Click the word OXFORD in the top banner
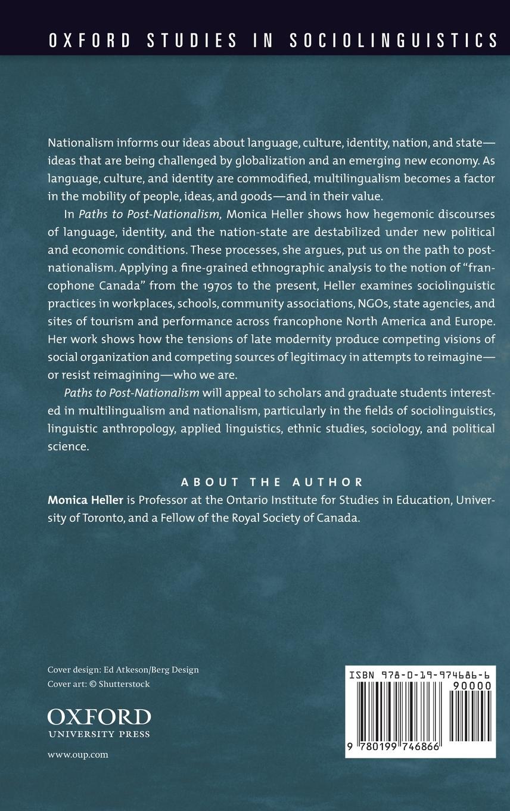[90, 41]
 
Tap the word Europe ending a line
[474, 321]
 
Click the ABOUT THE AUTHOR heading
[272, 482]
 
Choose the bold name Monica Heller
[86, 500]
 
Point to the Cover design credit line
[123, 670]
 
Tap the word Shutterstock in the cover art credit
[124, 684]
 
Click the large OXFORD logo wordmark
[99, 717]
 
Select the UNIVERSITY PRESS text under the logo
[99, 734]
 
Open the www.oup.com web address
[77, 754]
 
